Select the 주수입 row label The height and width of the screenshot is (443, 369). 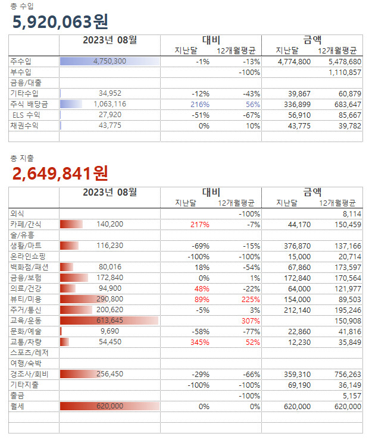pos(21,61)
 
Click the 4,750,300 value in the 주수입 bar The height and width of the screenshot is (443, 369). pos(110,61)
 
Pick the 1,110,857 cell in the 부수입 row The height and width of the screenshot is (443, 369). pos(345,72)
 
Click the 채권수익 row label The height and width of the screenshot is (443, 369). pos(24,125)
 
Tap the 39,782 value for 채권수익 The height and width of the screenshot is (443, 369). pos(348,125)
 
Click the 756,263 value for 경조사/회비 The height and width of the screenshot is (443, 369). pos(346,374)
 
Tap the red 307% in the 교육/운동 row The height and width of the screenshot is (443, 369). pos(251,321)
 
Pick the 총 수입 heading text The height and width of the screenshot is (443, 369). pos(22,5)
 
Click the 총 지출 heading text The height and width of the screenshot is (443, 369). pos(22,158)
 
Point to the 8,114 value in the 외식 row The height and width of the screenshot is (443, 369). pos(351,213)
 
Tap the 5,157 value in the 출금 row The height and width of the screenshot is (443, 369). pos(351,395)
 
